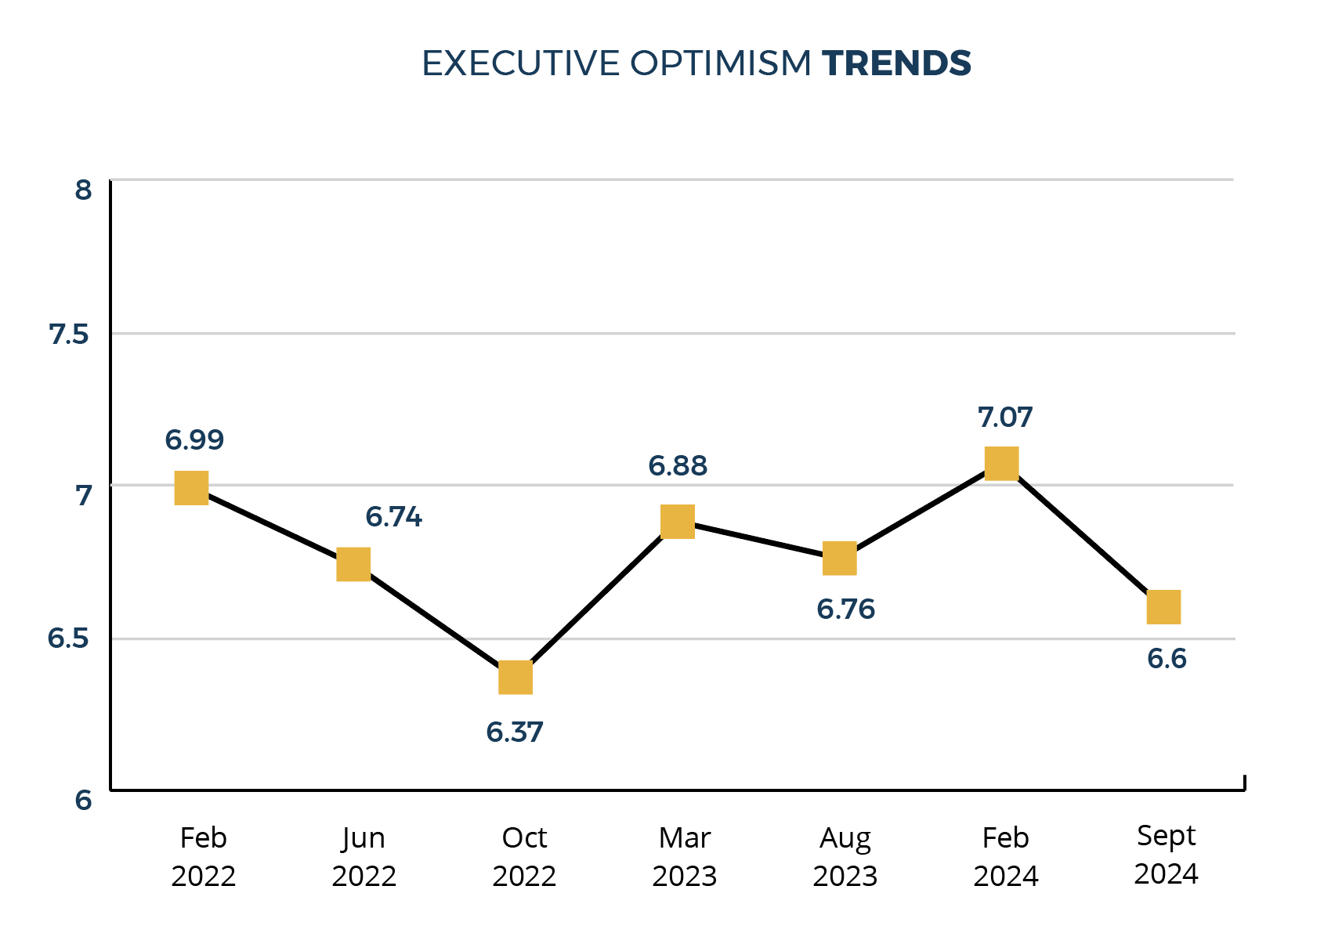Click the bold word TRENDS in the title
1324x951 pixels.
pos(896,63)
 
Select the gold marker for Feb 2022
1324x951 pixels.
pos(191,488)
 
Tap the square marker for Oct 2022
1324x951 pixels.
pos(515,678)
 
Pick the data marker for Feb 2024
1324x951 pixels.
pos(1001,463)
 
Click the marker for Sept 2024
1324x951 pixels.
pos(1163,607)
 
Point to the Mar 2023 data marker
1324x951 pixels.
pos(678,522)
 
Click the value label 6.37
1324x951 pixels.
pos(514,732)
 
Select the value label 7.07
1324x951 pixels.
pos(1005,418)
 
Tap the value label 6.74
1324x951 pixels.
pos(393,517)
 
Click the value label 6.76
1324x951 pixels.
pos(845,609)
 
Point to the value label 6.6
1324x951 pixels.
pos(1167,659)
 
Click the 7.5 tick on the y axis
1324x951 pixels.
pos(70,335)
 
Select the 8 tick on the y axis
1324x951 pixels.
pos(83,190)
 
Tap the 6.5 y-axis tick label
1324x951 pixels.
pos(70,638)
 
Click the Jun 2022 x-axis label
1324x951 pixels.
pos(364,856)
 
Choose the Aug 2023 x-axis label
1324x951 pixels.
pos(845,856)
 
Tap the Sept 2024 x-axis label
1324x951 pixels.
pos(1166,855)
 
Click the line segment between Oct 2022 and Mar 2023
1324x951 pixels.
pos(597,599)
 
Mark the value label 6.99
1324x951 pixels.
pos(194,440)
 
